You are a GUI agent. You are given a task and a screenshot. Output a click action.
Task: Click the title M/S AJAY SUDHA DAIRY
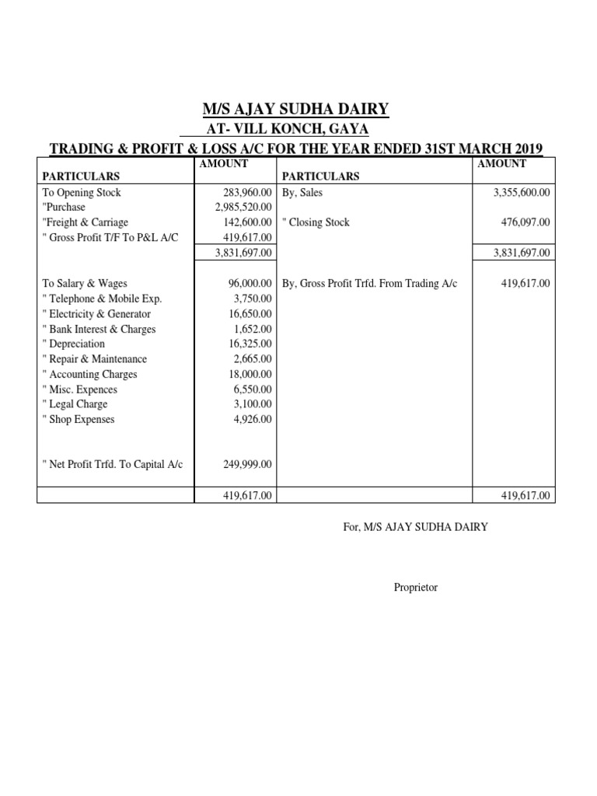tap(295, 108)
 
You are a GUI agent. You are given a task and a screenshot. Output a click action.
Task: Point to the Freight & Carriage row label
tap(86, 222)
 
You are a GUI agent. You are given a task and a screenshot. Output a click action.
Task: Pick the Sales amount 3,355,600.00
tap(521, 193)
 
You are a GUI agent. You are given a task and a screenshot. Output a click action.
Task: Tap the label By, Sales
tap(302, 193)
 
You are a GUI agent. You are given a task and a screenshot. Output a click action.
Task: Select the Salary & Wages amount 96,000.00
tap(251, 284)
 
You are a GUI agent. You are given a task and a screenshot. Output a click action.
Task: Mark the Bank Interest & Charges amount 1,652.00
tap(253, 329)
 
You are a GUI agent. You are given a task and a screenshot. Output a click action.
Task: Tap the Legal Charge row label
tap(75, 404)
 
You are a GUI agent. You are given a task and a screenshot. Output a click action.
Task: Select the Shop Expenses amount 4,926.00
tap(253, 419)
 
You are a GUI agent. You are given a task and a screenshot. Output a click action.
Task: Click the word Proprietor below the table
tap(416, 588)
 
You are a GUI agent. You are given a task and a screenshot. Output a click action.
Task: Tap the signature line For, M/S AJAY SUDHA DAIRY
tap(416, 527)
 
